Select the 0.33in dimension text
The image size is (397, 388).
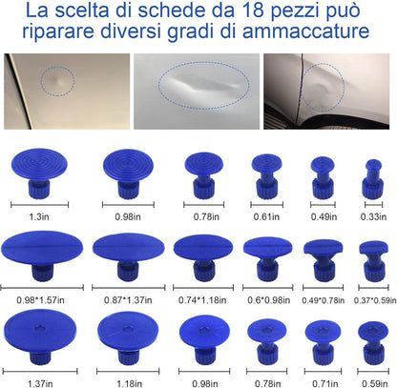pyautogui.click(x=375, y=216)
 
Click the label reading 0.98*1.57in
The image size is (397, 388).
pyautogui.click(x=42, y=299)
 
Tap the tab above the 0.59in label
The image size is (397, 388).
pyautogui.click(x=372, y=341)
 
